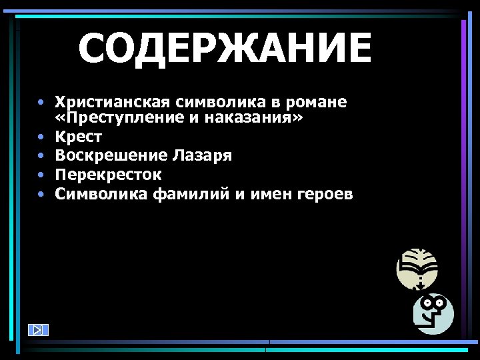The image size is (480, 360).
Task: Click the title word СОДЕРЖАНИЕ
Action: pyautogui.click(x=224, y=49)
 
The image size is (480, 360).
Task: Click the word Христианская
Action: pyautogui.click(x=113, y=102)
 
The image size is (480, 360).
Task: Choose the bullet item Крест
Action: pyautogui.click(x=78, y=137)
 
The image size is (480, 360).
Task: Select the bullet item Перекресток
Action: pyautogui.click(x=107, y=175)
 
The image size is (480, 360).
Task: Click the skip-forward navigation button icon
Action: pyautogui.click(x=39, y=329)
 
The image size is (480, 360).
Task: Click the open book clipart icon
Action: pyautogui.click(x=417, y=268)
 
